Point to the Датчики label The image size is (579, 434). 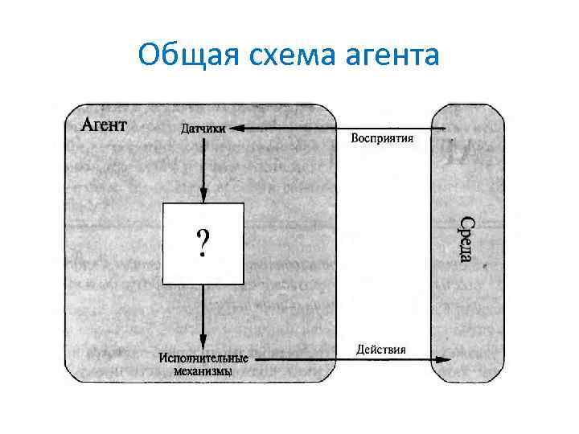pyautogui.click(x=203, y=128)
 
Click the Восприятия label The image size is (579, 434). pyautogui.click(x=383, y=137)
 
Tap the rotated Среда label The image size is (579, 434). pyautogui.click(x=466, y=238)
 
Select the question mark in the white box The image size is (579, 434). pyautogui.click(x=203, y=242)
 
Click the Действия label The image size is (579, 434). pyautogui.click(x=382, y=349)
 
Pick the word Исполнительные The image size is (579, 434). pyautogui.click(x=203, y=358)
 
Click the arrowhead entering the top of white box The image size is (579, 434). pyautogui.click(x=203, y=196)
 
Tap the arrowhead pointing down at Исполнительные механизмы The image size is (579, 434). pyautogui.click(x=203, y=343)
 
